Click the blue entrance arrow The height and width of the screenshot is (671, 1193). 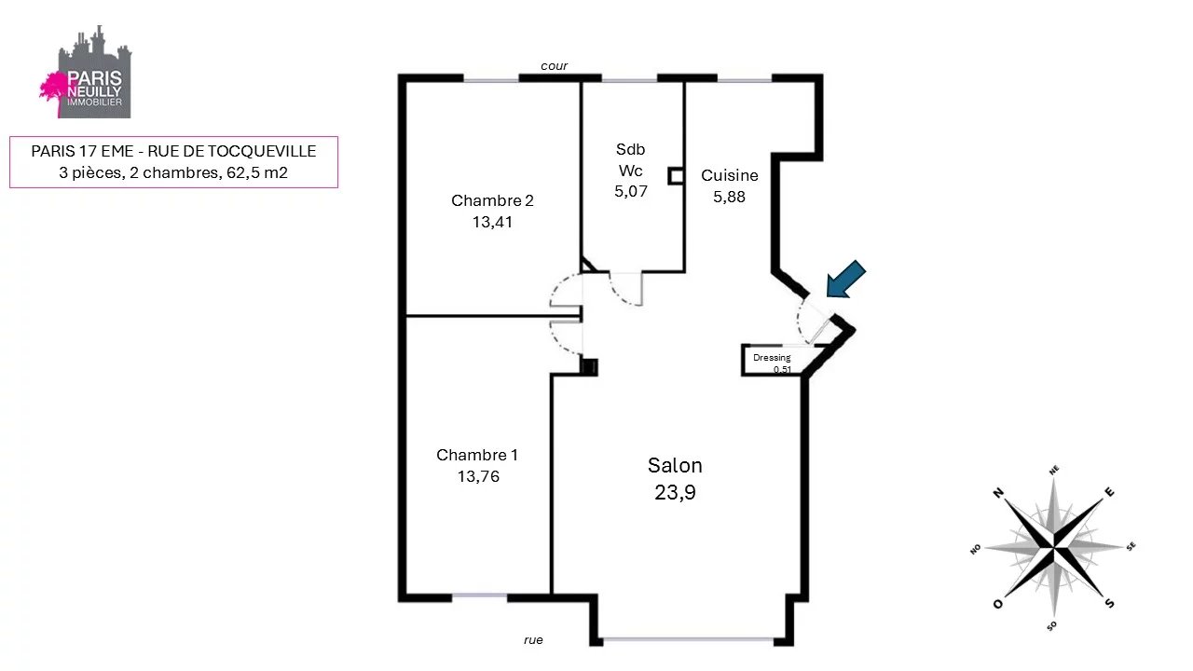(x=845, y=279)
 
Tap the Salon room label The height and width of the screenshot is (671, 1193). (x=675, y=465)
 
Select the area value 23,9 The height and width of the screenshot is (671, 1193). (x=675, y=493)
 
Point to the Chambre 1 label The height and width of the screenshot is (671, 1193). (x=476, y=455)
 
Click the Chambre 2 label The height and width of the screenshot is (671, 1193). (x=492, y=200)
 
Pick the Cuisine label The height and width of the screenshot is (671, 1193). (x=729, y=175)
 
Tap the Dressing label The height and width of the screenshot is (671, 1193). (x=772, y=357)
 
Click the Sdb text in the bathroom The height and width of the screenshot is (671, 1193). (x=631, y=149)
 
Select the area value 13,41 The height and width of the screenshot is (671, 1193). (x=492, y=222)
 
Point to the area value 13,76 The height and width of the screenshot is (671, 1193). (x=478, y=476)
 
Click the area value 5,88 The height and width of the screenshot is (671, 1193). (x=729, y=197)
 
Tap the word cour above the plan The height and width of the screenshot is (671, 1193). (x=554, y=66)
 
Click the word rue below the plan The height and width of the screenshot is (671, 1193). (x=533, y=640)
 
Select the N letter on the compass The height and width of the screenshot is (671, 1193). (x=998, y=493)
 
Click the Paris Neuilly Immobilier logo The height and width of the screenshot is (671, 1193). (x=87, y=72)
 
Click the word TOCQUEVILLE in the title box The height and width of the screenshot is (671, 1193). (x=262, y=151)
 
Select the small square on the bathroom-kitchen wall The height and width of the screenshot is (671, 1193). (x=676, y=176)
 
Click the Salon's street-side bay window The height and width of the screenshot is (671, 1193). (x=688, y=639)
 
